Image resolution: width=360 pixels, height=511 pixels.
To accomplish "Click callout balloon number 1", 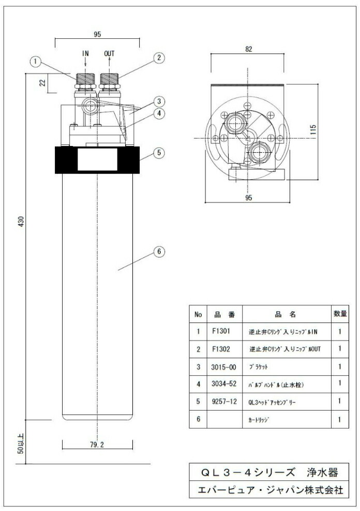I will tap(35, 62).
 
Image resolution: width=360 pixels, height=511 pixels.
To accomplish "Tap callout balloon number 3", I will tap(160, 100).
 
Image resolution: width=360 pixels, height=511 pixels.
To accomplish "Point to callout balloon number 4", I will tap(160, 112).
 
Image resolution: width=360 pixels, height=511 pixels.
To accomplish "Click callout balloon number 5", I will tap(160, 153).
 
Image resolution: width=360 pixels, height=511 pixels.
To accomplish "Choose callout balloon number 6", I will tap(160, 252).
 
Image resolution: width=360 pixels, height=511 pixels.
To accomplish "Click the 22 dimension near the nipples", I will tap(43, 82).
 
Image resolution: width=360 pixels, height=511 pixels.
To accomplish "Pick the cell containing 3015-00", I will tap(224, 367).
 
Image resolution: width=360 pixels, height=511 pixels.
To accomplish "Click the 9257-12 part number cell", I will tap(224, 401).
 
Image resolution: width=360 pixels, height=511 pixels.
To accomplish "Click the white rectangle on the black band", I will tap(97, 161).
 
